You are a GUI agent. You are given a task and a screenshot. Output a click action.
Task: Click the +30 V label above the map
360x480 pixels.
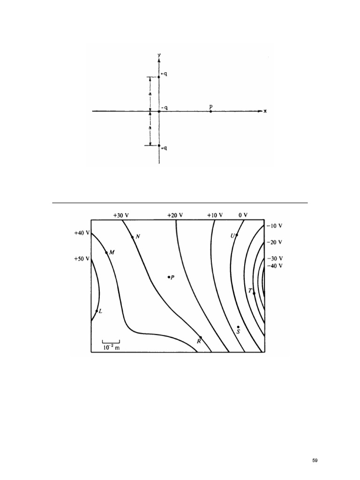pos(121,215)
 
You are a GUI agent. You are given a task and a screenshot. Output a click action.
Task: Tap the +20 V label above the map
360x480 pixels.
pos(175,215)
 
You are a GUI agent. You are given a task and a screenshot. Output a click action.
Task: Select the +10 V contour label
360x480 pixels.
pos(215,215)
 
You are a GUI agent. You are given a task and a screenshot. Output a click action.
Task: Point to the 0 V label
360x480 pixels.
pos(243,215)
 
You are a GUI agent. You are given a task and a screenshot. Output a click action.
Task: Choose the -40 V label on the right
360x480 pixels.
pos(275,266)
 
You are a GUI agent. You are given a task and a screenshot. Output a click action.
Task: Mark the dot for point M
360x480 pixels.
pos(106,253)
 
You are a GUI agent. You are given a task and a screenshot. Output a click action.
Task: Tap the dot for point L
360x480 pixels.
pos(97,311)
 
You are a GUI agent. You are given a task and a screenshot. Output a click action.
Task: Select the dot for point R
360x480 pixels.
pos(201,337)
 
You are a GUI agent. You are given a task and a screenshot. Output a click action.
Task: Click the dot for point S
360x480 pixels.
pos(238,327)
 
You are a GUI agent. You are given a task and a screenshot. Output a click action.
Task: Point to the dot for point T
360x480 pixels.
pos(254,293)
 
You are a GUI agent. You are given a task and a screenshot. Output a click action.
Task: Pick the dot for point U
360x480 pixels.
pos(237,235)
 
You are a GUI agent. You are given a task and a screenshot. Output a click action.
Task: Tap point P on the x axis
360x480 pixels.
pos(211,112)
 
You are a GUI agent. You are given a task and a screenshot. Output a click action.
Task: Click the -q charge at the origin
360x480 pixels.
pos(159,112)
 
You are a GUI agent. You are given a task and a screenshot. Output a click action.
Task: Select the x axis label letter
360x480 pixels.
pos(265,111)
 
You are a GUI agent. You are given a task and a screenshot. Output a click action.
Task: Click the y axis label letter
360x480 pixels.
pos(159,55)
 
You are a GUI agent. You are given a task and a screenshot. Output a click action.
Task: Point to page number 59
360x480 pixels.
pos(315,461)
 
